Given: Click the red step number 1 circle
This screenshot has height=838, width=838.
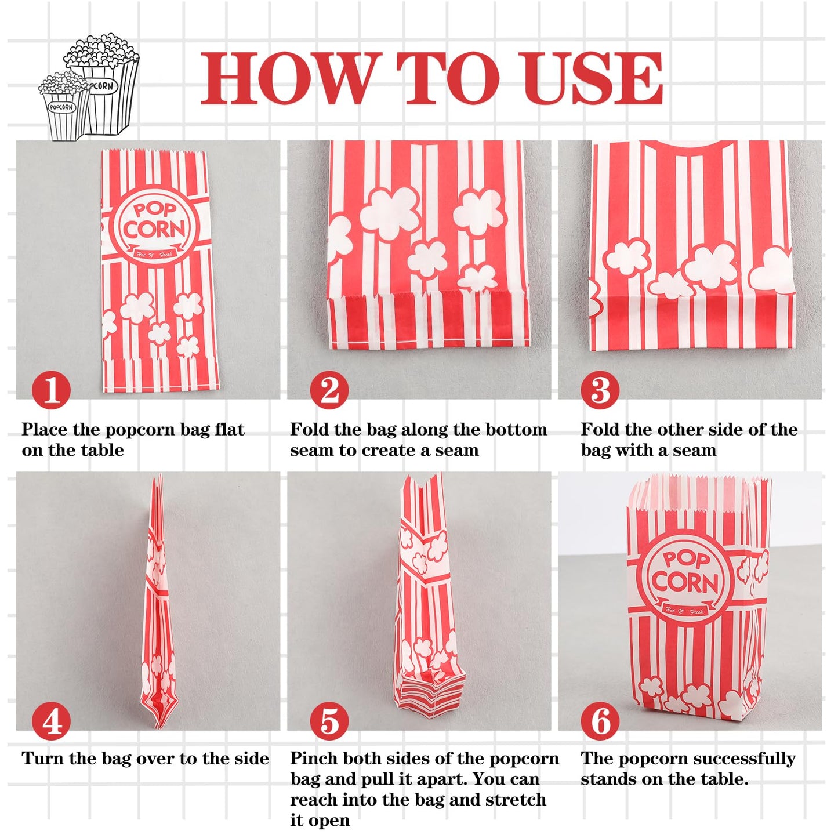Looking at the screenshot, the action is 51,390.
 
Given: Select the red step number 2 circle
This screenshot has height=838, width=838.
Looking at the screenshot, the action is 329,390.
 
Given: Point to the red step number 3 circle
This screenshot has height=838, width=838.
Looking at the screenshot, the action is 600,390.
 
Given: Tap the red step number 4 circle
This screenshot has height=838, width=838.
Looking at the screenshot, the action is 51,720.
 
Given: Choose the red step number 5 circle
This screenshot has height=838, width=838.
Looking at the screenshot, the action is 329,720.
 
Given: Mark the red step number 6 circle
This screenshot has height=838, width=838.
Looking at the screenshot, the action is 600,720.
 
